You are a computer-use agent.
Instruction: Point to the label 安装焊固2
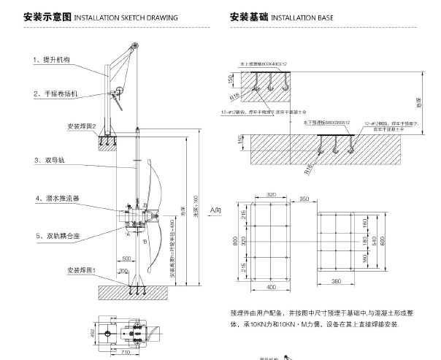(82, 126)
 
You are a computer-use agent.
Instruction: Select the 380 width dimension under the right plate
(337, 280)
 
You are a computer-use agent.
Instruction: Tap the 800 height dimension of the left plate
(235, 239)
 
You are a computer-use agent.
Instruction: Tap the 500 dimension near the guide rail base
(126, 259)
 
